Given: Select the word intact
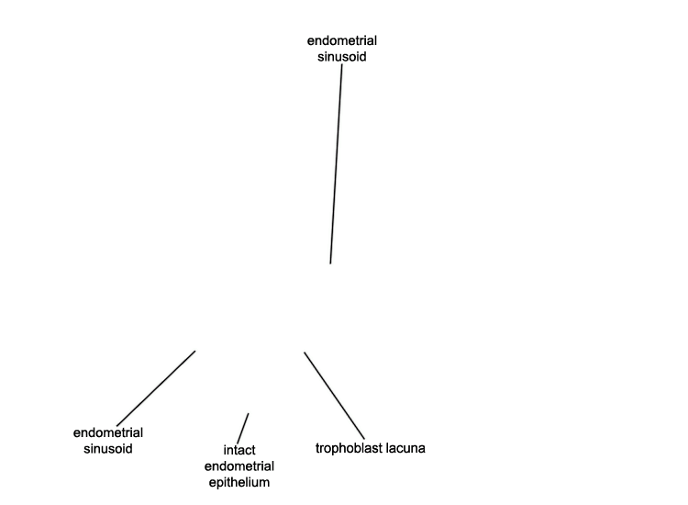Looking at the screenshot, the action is [239, 450].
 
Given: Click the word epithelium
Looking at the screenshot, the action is [239, 482].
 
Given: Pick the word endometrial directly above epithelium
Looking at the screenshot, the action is [239, 466].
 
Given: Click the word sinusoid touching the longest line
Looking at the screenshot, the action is [342, 57].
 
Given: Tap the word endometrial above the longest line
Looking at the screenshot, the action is [342, 40].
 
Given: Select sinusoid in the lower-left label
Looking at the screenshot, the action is [108, 449].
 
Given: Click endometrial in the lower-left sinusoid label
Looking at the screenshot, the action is [108, 433].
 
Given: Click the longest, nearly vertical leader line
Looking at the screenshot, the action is [336, 164].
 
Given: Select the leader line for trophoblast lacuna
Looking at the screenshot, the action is [334, 395].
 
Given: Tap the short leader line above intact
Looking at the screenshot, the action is [243, 429].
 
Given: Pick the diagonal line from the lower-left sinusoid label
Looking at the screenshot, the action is [156, 388].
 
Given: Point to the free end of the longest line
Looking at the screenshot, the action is [330, 264].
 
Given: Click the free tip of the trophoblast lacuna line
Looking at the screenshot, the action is [304, 353].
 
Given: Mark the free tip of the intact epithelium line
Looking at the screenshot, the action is [249, 413].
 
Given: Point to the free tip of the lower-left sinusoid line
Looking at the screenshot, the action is [195, 351].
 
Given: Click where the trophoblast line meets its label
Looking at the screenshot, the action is [364, 439].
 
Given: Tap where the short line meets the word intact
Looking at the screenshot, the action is [238, 444].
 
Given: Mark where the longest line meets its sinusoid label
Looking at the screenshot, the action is [342, 65].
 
